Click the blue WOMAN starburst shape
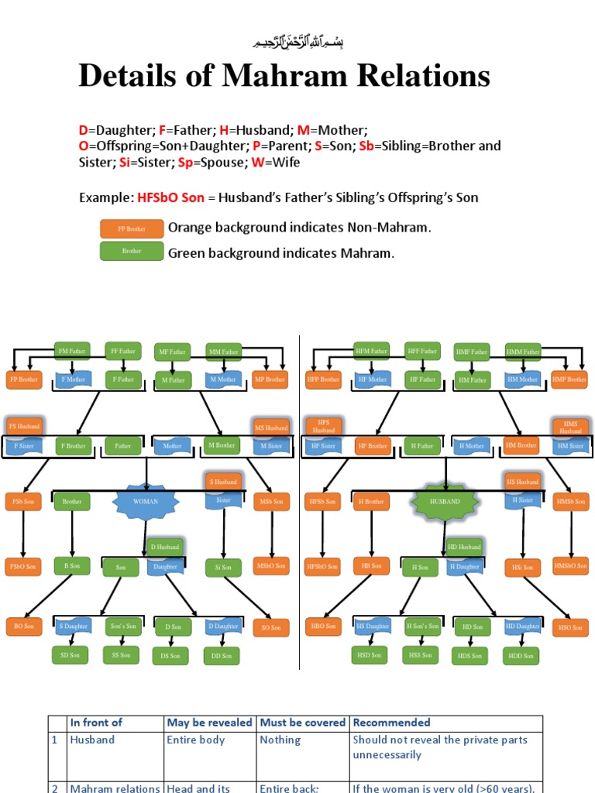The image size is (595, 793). click(146, 501)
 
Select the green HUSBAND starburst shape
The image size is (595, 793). click(445, 501)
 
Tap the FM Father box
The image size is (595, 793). click(72, 351)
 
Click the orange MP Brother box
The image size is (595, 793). click(270, 379)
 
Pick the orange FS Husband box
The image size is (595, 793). click(23, 426)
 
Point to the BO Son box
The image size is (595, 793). click(23, 625)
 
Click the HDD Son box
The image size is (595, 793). click(521, 655)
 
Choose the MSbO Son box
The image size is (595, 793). click(271, 565)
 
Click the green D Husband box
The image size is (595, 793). click(164, 547)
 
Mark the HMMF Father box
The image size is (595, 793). click(523, 351)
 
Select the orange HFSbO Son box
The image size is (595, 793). click(322, 566)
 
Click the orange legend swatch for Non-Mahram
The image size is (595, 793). click(132, 228)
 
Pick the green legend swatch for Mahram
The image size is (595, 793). click(132, 251)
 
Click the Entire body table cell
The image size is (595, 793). click(195, 740)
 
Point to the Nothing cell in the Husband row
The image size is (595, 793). click(280, 740)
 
